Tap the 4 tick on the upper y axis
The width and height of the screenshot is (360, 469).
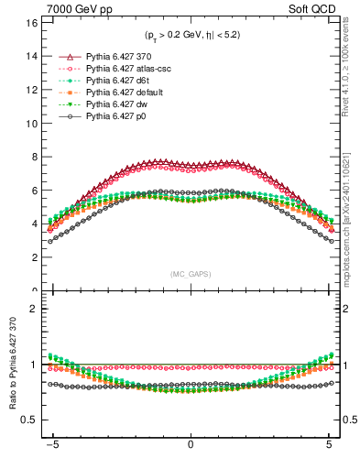click(x=34, y=224)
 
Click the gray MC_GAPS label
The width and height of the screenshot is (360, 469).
click(x=191, y=274)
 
